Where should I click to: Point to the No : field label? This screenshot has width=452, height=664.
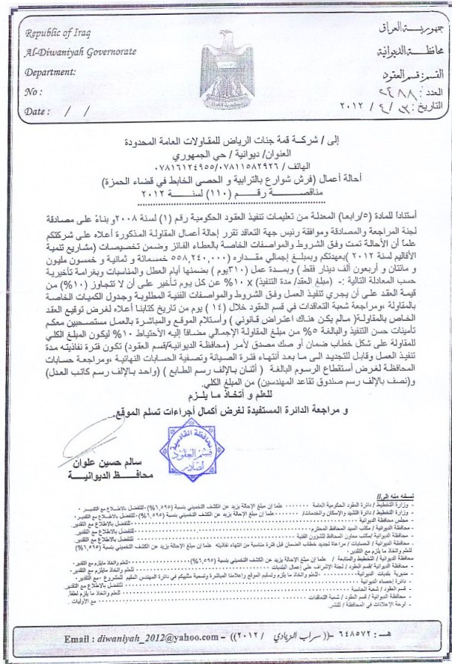point(33,92)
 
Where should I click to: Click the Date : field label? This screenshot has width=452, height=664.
point(36,111)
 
